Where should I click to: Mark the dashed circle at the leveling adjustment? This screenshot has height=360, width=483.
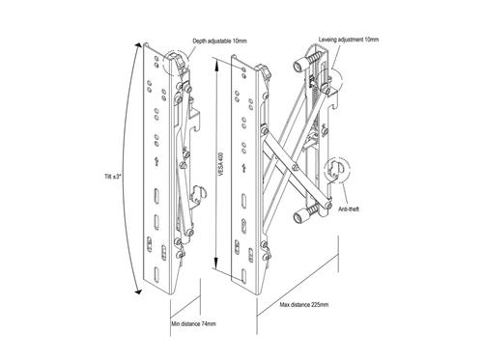click(331, 85)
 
